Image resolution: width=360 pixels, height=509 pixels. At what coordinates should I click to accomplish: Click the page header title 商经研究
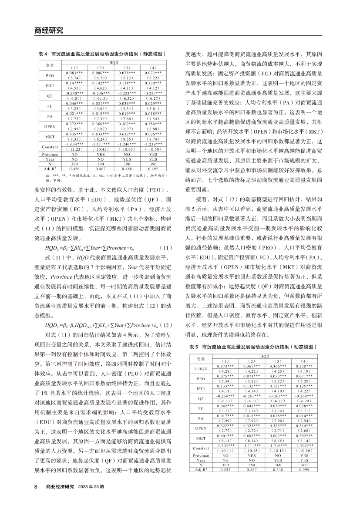[x=48, y=30]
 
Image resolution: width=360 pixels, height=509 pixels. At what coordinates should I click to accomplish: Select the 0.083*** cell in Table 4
[x=74, y=72]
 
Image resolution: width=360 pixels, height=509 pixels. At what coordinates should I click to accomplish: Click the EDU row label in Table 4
[x=49, y=85]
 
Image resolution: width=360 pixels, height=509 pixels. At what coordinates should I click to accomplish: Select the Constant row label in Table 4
[x=49, y=147]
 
